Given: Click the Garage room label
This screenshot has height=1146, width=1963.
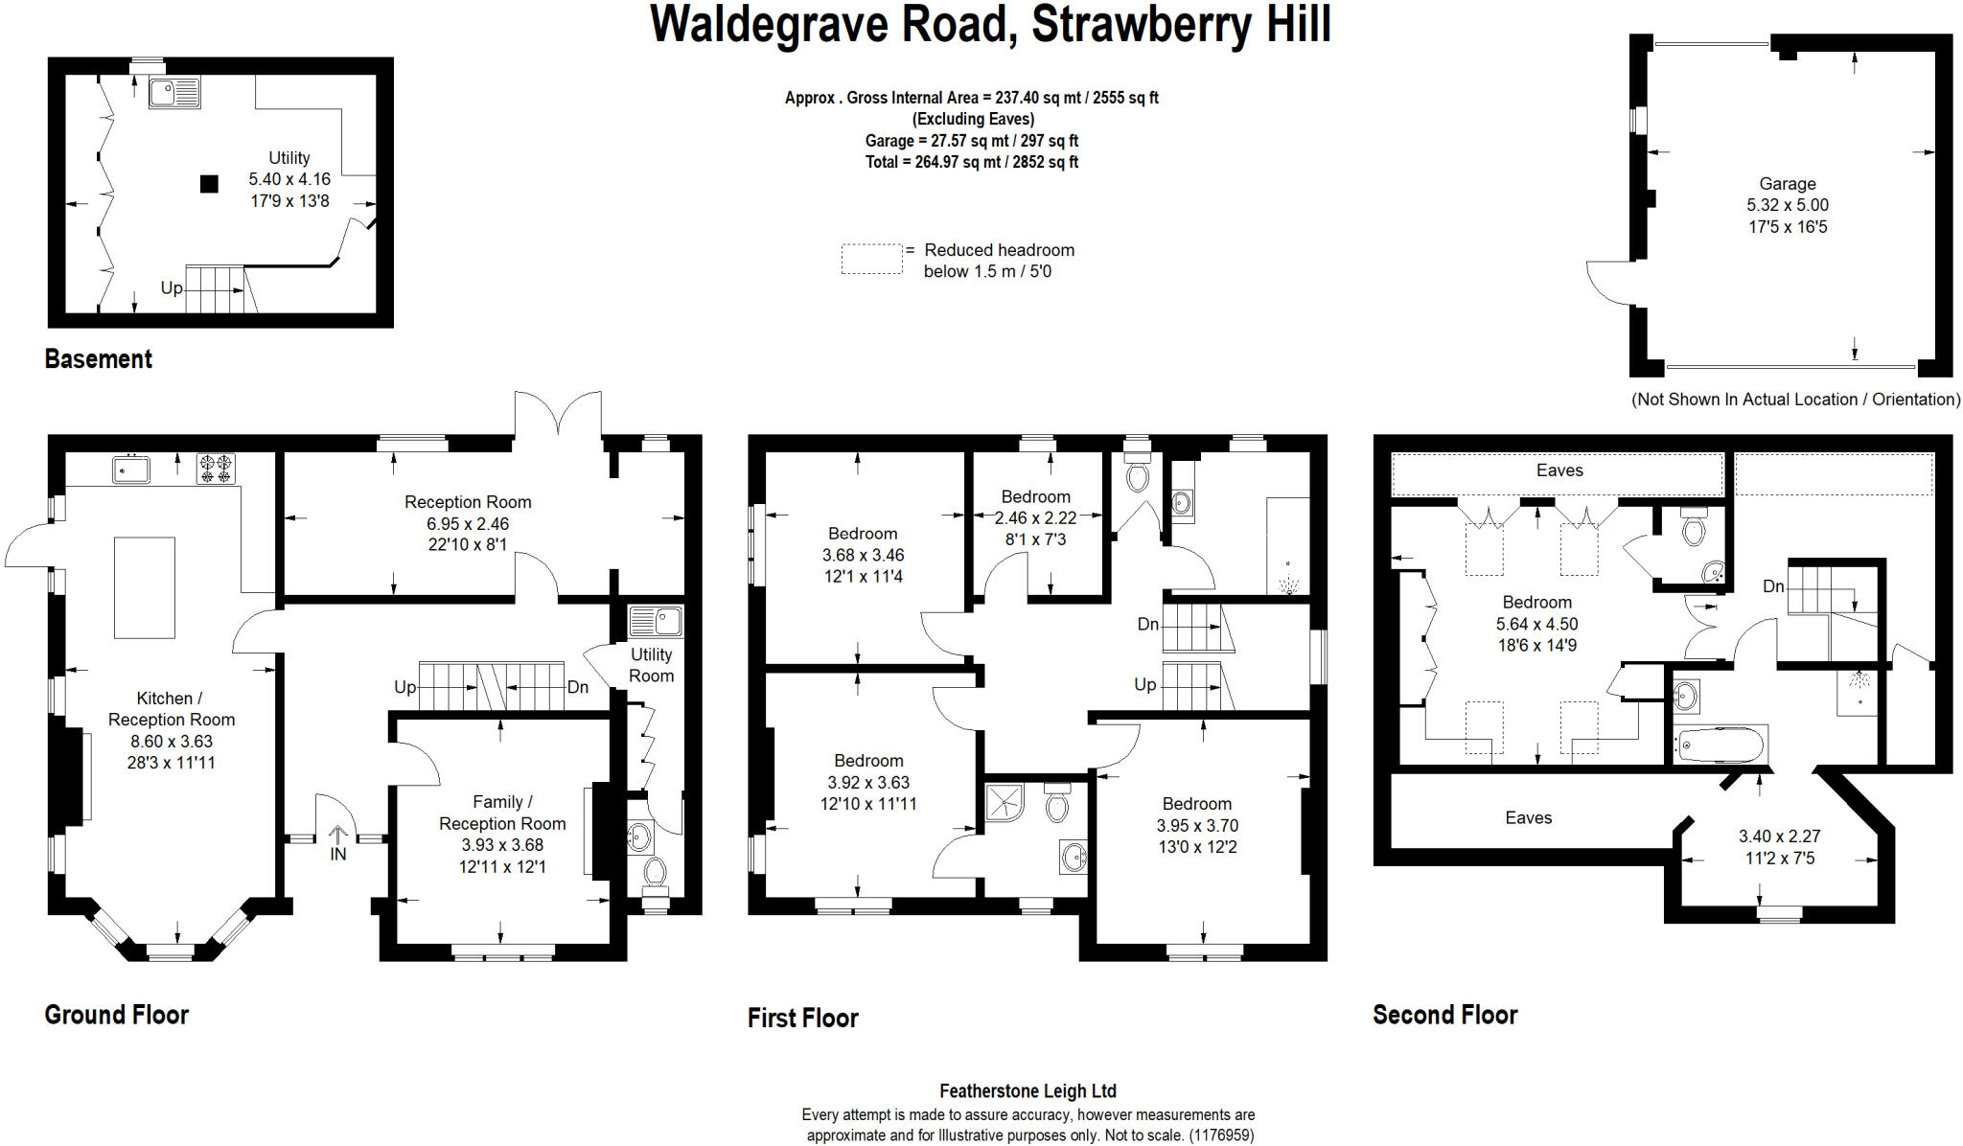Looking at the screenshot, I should click(x=1787, y=184).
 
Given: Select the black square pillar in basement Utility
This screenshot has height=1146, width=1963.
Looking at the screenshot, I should click(x=209, y=184).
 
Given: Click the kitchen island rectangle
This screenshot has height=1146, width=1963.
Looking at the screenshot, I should click(x=145, y=587).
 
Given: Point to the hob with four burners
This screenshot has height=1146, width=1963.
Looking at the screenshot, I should click(x=216, y=469).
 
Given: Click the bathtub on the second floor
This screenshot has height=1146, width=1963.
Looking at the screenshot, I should click(x=1721, y=745).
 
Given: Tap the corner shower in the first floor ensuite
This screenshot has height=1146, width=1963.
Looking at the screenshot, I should click(x=1005, y=803).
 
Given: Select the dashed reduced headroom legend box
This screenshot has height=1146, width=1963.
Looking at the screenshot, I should click(x=871, y=260).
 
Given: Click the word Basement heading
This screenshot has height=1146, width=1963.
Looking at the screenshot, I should click(x=98, y=359).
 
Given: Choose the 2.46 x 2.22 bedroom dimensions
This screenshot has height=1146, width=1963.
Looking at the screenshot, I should click(x=1035, y=518).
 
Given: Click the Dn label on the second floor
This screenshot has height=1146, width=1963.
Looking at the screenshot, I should click(x=1772, y=586).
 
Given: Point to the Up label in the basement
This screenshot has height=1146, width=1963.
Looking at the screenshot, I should click(x=172, y=287).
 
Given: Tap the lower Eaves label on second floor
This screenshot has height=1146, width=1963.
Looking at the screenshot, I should click(x=1528, y=818).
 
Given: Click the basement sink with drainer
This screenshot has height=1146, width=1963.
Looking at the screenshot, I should click(x=174, y=93).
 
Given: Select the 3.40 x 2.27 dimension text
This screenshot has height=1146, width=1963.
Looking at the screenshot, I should click(x=1779, y=837).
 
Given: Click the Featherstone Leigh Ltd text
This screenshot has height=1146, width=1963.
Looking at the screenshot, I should click(x=1028, y=1090).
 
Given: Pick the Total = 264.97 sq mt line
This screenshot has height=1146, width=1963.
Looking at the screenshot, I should click(x=971, y=162).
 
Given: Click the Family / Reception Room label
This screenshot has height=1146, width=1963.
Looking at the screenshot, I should click(x=502, y=813).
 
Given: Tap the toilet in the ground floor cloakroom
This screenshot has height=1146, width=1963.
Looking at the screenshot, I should click(x=655, y=873).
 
